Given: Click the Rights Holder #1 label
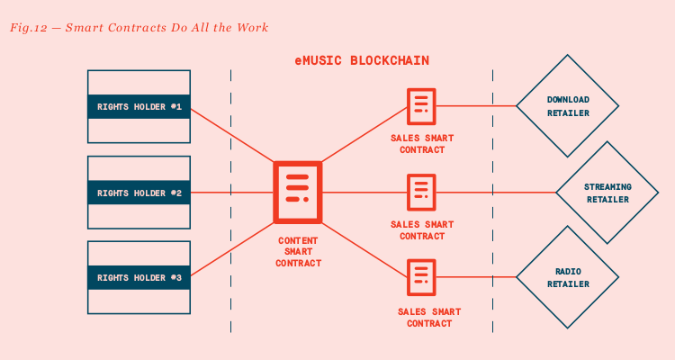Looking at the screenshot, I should click(139, 106).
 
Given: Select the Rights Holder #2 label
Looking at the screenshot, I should click(139, 193).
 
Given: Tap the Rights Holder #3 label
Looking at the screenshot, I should click(139, 278).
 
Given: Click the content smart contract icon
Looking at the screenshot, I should click(297, 192).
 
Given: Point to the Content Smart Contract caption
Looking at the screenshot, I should click(298, 252).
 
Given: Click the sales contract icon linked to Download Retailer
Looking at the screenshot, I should click(421, 106).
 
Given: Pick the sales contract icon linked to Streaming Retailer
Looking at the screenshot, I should click(421, 192).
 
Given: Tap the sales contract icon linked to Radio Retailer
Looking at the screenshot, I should click(421, 277).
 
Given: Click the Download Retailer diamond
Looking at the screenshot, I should click(568, 106).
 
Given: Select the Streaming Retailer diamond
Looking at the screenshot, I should click(607, 193).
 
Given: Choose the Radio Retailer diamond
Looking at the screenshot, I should click(568, 277).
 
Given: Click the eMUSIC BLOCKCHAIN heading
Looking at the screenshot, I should click(362, 60).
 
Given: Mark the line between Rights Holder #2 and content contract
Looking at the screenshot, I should click(232, 193).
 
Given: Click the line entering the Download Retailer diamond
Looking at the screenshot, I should click(477, 106).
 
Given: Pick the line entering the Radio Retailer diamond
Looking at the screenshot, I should click(477, 277).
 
